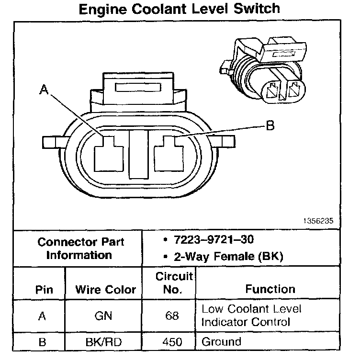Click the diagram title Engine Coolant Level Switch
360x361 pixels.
point(179,10)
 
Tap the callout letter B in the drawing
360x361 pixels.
point(270,126)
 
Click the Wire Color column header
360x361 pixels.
point(106,290)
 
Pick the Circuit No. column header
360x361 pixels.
point(174,283)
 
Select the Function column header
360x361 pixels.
point(270,289)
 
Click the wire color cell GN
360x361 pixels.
point(106,316)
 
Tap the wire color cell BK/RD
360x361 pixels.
point(106,342)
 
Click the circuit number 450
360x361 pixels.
point(174,342)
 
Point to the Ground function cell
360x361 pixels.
point(221,342)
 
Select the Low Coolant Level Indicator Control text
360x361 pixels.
point(251,316)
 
